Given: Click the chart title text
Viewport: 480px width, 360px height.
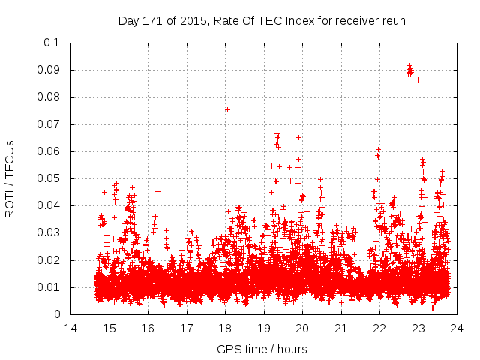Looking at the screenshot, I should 262,20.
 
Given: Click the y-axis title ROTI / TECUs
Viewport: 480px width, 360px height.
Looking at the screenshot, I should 10,178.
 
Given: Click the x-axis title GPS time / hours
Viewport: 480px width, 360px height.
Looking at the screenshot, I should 262,349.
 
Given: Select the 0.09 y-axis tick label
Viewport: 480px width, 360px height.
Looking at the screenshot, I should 49,70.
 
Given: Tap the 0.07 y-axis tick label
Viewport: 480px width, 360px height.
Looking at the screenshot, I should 49,124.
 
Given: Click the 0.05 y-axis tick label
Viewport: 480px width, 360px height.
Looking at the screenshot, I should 49,178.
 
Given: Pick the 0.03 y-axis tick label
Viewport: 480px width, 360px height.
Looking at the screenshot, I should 49,233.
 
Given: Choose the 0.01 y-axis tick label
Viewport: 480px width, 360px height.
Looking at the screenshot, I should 49,287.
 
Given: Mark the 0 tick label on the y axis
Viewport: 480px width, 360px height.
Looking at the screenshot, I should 58,314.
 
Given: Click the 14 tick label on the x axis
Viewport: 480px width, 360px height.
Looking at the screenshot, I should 70,328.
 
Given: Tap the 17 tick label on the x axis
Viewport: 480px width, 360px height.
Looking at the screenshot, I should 186,328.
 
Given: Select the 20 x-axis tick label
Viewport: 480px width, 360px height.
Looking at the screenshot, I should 302,328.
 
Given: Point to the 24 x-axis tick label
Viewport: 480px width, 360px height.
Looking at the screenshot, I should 456,328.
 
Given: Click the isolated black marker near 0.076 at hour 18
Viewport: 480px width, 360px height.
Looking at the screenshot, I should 227,109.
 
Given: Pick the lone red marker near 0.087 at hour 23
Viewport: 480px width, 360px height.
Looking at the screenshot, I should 418,79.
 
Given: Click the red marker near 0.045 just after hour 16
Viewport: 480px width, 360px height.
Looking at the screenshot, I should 157,191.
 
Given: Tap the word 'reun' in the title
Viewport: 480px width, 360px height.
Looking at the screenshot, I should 392,20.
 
